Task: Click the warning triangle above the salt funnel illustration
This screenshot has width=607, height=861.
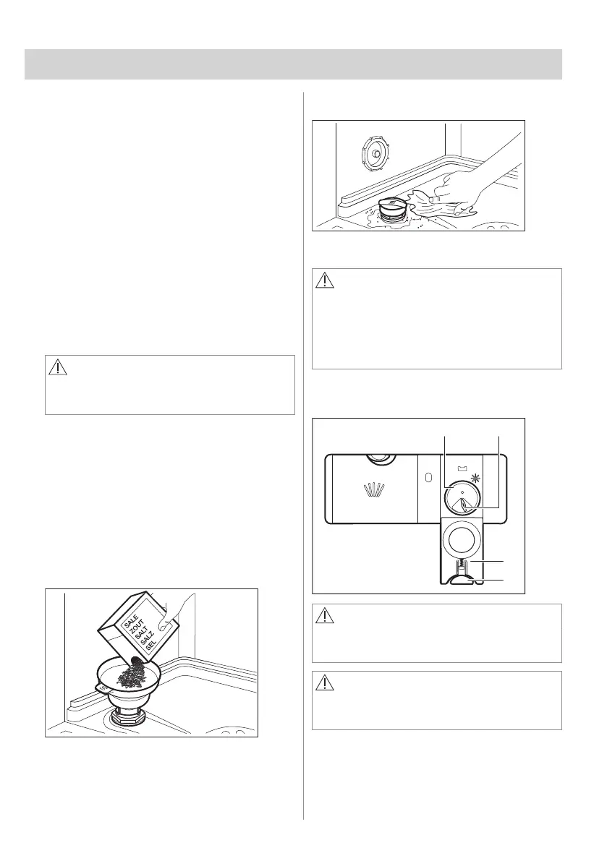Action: click(x=56, y=367)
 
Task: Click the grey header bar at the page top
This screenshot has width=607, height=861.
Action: click(x=294, y=64)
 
